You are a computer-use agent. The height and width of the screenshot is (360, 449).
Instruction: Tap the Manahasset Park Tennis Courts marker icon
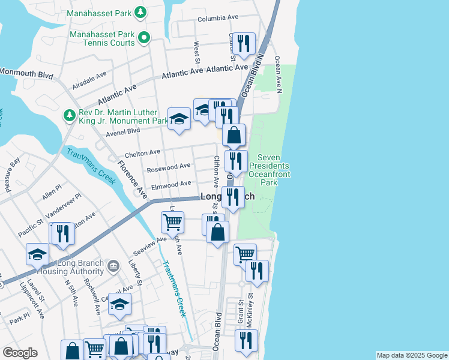(x=143, y=39)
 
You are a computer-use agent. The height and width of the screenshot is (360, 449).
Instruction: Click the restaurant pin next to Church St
(x=243, y=44)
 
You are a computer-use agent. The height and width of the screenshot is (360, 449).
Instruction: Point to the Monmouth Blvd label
(x=26, y=73)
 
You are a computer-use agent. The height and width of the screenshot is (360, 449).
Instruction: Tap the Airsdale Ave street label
(x=89, y=80)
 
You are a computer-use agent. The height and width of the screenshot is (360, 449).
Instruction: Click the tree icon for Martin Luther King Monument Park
(x=70, y=115)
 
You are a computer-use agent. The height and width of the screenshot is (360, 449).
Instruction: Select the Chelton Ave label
(x=142, y=152)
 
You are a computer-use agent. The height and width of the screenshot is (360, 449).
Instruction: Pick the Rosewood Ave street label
(x=172, y=166)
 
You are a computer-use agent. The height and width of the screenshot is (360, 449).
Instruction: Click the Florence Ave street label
(x=131, y=179)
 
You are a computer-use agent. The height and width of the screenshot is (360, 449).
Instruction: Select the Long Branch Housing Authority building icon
(x=112, y=265)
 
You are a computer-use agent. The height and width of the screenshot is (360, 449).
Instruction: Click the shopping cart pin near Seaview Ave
(x=172, y=223)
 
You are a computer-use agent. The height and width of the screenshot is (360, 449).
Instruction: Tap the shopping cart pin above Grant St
(x=245, y=254)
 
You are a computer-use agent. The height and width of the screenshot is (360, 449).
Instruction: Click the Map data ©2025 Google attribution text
(x=412, y=355)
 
